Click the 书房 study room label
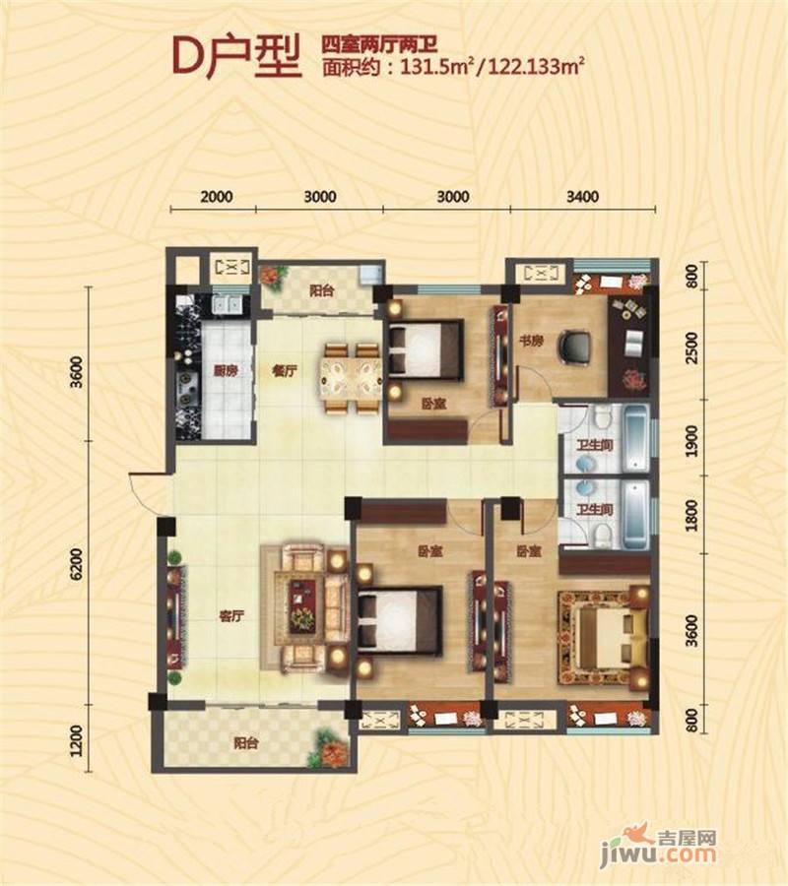pos(531,341)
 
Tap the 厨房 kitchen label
pos(225,371)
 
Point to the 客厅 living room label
pos(231,616)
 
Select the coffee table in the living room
pos(304,607)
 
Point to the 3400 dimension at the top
pos(582,197)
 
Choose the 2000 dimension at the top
pos(217,197)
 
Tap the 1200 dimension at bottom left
pos(77,740)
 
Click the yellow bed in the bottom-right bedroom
pos(604,637)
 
